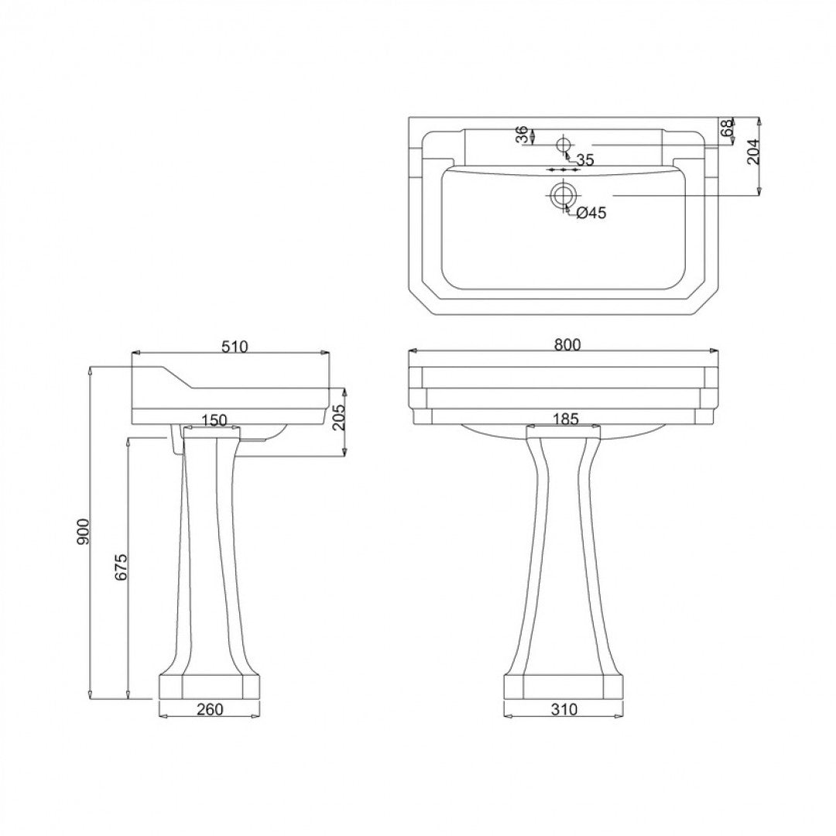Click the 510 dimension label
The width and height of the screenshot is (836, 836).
(234, 347)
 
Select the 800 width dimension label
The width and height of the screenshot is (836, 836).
(567, 345)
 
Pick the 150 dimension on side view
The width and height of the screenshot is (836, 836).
(213, 420)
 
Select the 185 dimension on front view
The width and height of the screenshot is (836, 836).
(565, 420)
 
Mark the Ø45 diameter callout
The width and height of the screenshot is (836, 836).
(590, 213)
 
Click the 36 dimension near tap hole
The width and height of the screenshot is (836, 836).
(522, 135)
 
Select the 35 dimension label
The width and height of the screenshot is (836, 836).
(584, 160)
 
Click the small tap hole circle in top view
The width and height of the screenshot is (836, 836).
(564, 145)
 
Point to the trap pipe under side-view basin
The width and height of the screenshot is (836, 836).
(173, 441)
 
